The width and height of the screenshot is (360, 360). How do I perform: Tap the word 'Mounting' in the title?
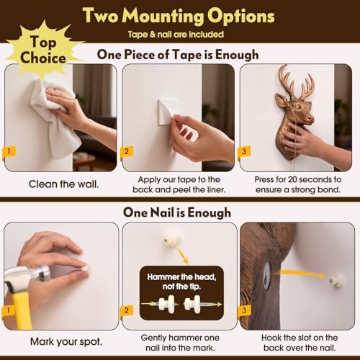164,17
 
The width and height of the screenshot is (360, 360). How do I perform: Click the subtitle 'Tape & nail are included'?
176,35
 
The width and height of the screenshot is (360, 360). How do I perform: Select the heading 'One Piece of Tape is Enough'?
178,55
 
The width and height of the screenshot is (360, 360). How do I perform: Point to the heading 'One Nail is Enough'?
177,212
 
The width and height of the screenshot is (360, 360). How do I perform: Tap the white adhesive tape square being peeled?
168,112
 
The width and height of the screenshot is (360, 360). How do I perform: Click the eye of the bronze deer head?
298,106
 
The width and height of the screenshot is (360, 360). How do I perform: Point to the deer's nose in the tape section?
310,118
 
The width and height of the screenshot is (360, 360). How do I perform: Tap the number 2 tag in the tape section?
126,151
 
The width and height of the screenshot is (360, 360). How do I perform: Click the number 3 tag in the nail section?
244,310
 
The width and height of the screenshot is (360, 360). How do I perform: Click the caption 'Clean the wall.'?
63,184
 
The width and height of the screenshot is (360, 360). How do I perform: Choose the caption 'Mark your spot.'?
66,342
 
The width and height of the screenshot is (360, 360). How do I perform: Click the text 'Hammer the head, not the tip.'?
181,282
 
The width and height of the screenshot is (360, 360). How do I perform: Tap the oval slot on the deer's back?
266,275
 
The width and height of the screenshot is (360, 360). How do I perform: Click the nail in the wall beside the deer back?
336,280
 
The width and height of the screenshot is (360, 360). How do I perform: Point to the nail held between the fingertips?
84,269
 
